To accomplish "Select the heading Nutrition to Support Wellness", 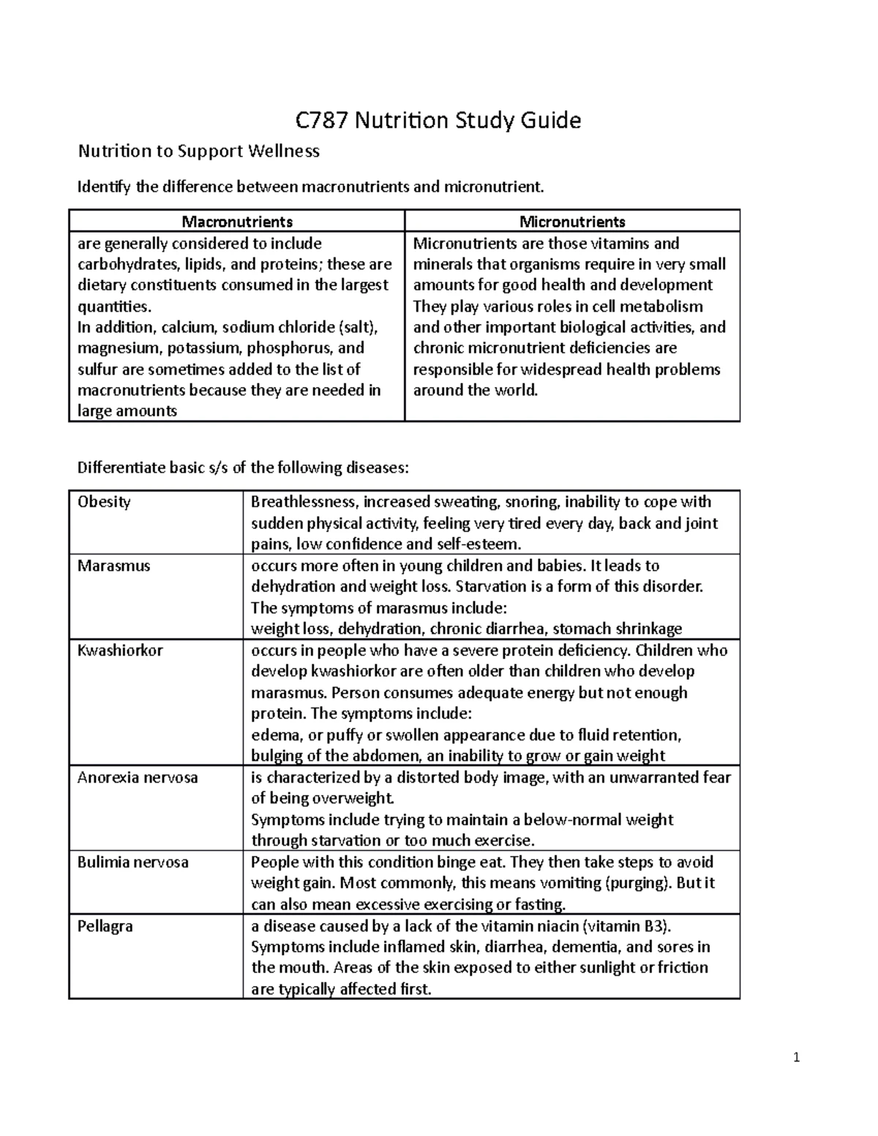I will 199,151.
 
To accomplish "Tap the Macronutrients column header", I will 237,221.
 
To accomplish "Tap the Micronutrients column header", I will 572,221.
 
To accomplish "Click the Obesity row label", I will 104,502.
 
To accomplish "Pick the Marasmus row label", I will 113,565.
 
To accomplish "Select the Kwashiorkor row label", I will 120,650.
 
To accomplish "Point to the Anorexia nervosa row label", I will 138,778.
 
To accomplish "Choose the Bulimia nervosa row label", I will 133,862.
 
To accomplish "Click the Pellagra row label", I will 105,926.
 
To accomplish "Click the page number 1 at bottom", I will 797,1058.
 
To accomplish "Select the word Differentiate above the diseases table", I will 121,467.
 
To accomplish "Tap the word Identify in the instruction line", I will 104,187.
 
